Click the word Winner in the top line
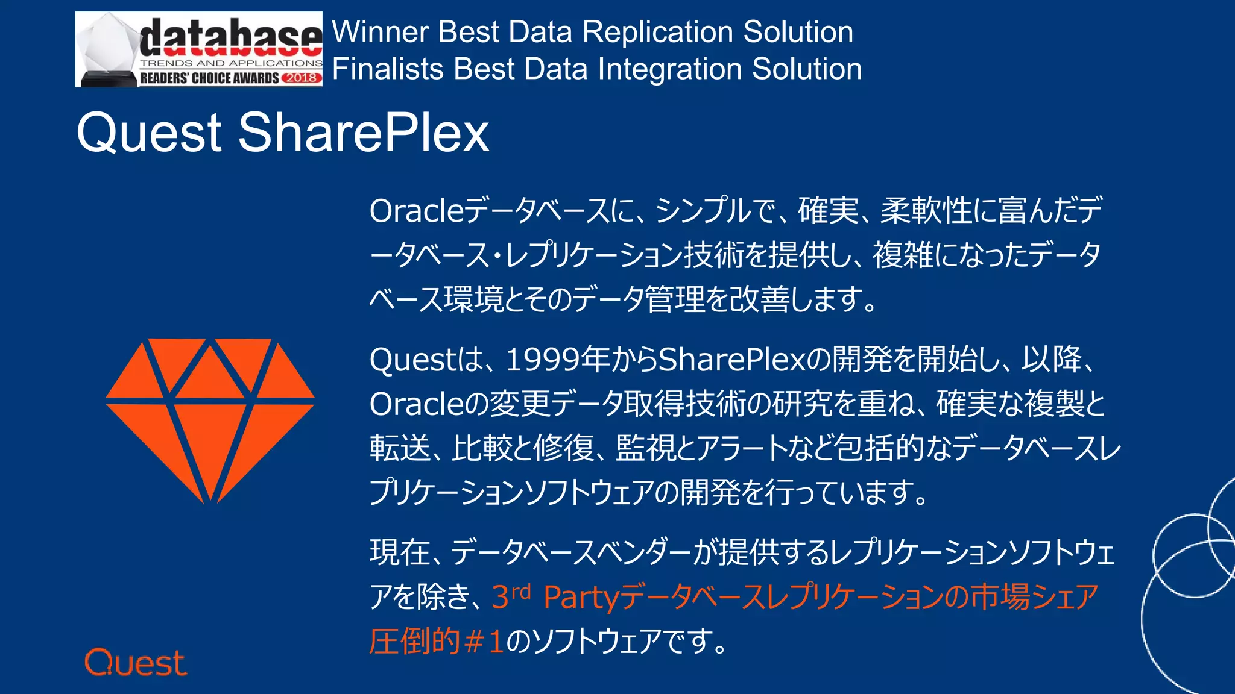[x=380, y=32]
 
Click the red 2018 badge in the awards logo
[x=301, y=78]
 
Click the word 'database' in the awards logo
[x=230, y=37]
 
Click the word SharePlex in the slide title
[x=363, y=133]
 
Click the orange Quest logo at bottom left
[x=136, y=663]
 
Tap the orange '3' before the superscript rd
[x=500, y=598]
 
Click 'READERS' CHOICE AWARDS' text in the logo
[x=209, y=78]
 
